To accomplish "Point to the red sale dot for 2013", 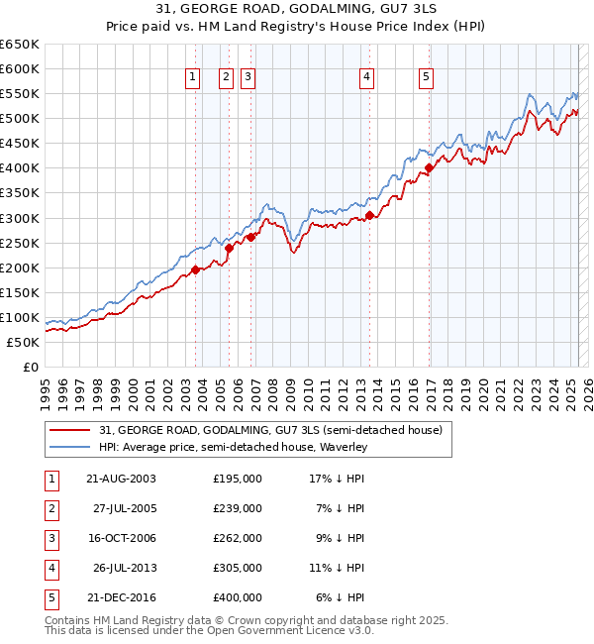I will [x=368, y=215].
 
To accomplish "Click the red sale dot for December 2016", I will [x=429, y=168].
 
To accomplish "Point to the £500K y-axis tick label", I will [x=20, y=118].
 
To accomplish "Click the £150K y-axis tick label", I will [x=20, y=292].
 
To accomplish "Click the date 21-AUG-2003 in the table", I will [x=121, y=479].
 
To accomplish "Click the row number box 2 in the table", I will [x=49, y=508].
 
